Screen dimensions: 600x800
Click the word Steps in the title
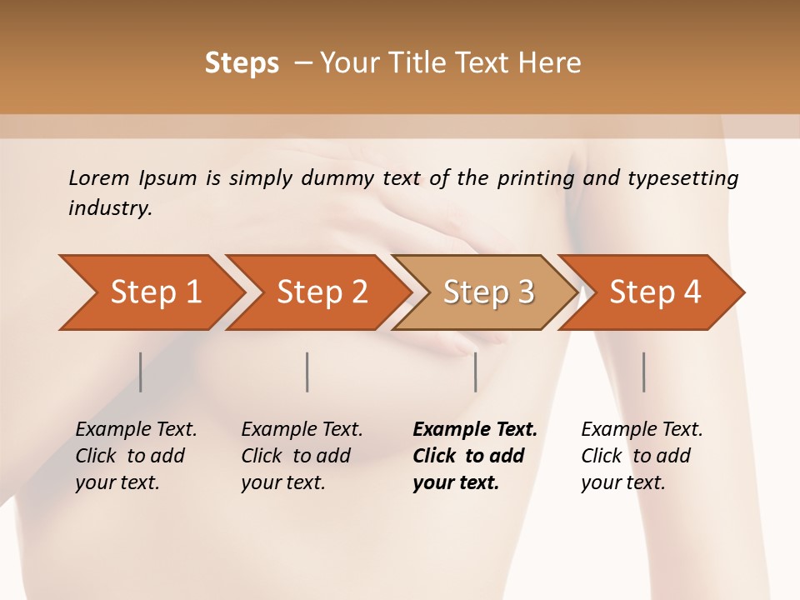click(x=242, y=63)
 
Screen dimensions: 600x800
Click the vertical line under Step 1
click(x=141, y=372)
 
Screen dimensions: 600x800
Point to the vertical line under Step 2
click(x=307, y=372)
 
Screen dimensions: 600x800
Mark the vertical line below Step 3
click(x=475, y=372)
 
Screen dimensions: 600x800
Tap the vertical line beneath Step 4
click(x=643, y=372)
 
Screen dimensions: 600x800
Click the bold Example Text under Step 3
click(x=475, y=430)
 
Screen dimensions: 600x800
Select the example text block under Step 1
click(x=136, y=456)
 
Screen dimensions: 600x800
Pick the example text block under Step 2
click(x=302, y=456)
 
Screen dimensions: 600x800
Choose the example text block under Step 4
click(x=642, y=456)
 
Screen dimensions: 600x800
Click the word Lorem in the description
click(x=99, y=177)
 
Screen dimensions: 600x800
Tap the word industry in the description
click(x=110, y=208)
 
